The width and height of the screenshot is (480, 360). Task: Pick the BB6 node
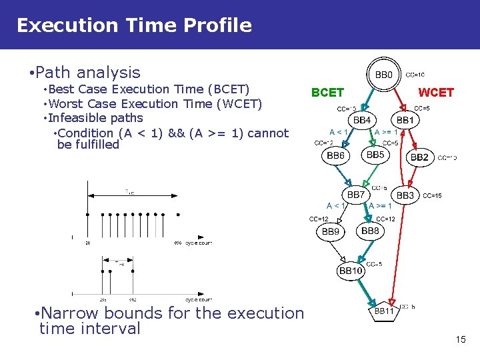[x=335, y=155]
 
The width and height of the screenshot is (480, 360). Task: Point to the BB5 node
[x=375, y=155]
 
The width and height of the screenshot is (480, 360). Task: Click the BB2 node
[x=419, y=157]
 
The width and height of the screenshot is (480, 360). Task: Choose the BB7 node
[x=356, y=195]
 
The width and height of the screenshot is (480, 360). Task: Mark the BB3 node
[x=405, y=195]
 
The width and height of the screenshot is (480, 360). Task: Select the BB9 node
[x=331, y=232]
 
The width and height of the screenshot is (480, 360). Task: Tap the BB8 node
[x=370, y=231]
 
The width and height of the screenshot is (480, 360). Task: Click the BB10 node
[x=351, y=270]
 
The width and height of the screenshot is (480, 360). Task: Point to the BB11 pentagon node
[x=384, y=311]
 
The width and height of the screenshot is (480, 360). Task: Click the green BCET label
[x=327, y=93]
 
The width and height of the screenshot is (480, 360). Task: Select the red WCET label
[x=435, y=93]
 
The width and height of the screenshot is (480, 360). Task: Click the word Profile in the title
[x=220, y=25]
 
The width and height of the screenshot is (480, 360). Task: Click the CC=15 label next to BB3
[x=432, y=196]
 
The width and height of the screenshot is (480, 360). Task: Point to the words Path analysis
[x=88, y=72]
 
